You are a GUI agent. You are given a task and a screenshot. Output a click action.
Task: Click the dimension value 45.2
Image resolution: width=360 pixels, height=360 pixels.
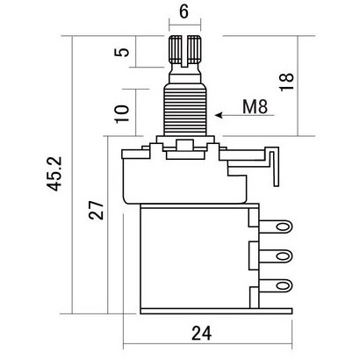click(55, 174)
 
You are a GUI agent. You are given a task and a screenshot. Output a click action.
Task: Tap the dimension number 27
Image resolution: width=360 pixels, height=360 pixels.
click(97, 210)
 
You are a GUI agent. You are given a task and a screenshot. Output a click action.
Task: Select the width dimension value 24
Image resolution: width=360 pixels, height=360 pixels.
click(201, 333)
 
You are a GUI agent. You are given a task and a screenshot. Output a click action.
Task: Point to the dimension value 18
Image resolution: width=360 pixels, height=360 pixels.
click(286, 82)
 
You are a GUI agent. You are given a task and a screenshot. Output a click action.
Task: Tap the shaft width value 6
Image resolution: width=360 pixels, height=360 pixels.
click(184, 11)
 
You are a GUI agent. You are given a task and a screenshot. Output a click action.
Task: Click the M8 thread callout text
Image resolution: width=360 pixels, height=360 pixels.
click(255, 106)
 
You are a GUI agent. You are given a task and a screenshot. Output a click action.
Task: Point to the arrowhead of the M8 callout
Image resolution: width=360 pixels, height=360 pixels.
click(219, 115)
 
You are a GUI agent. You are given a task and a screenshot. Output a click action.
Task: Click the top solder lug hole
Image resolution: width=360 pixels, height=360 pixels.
click(283, 227)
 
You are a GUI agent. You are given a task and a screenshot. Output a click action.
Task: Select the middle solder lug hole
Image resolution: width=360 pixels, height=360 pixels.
click(283, 256)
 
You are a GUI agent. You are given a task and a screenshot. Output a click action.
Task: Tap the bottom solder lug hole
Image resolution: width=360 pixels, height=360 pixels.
click(283, 285)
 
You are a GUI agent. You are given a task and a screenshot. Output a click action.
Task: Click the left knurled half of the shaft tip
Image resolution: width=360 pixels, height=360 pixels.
click(176, 50)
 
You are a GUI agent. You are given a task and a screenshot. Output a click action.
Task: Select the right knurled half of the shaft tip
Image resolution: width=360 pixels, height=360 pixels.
click(194, 50)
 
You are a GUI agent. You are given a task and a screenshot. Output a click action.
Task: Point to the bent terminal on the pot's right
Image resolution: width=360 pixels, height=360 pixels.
click(276, 167)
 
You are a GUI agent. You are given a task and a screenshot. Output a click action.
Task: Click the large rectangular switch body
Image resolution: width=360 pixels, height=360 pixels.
click(195, 256)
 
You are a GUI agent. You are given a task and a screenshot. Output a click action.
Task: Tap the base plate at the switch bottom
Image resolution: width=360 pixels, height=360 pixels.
click(216, 311)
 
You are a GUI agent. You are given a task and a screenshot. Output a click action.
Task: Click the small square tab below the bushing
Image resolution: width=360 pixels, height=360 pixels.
click(185, 145)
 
